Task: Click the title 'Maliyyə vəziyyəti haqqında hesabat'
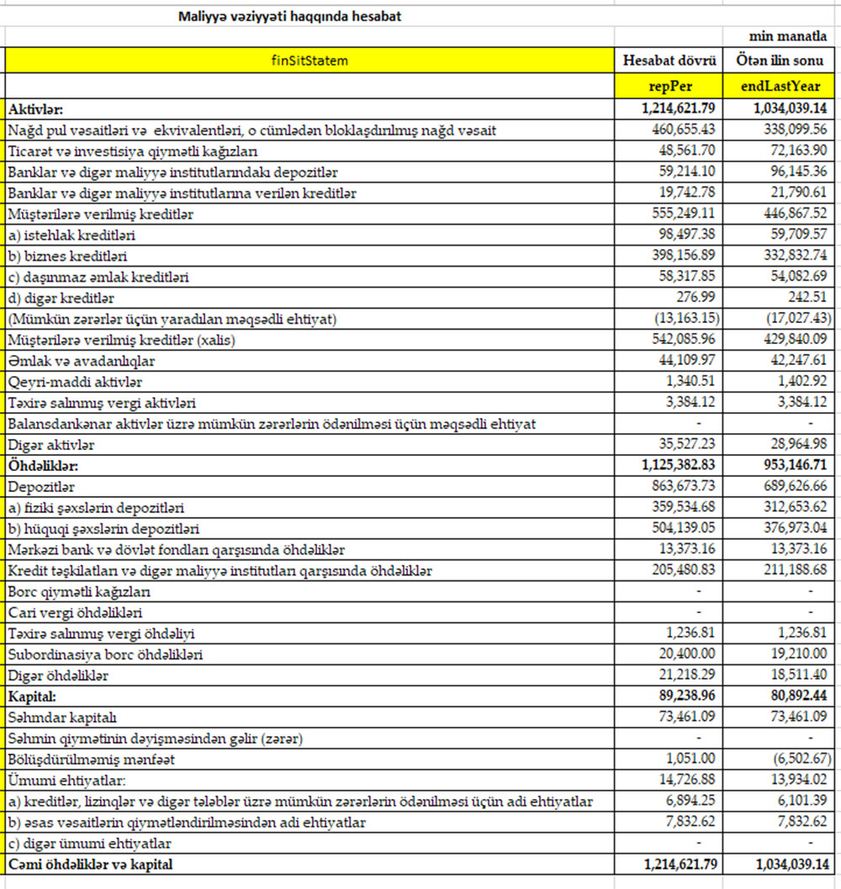pos(289,16)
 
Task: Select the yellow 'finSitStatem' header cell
pos(309,61)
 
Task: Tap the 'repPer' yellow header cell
pos(669,86)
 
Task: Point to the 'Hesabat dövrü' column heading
pos(669,61)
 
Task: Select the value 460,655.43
pos(680,130)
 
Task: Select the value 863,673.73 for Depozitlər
pos(680,487)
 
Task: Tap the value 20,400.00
pos(683,654)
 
